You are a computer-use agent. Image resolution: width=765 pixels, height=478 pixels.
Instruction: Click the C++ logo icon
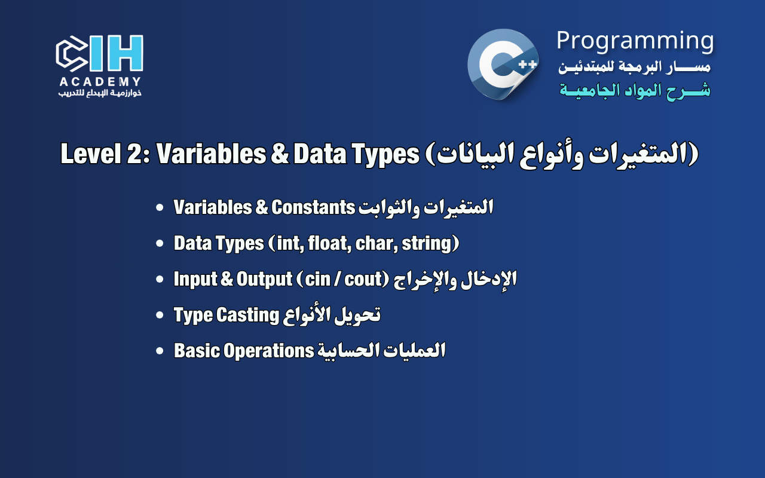(x=503, y=65)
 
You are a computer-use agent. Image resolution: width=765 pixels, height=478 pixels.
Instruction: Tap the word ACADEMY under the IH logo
(x=100, y=82)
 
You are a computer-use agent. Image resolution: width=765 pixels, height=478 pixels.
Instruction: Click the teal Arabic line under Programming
(x=635, y=90)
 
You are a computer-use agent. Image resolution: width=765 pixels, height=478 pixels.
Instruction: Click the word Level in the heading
(x=91, y=154)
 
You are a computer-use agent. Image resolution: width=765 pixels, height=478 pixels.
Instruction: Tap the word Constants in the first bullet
(x=313, y=207)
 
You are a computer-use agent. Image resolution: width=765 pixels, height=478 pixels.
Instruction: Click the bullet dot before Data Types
(x=160, y=243)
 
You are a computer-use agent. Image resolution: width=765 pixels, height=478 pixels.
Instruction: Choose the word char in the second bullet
(x=376, y=244)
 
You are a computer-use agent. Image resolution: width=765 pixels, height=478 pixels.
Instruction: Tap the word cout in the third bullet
(x=363, y=279)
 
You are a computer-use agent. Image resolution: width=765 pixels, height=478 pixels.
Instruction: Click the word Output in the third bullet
(x=264, y=280)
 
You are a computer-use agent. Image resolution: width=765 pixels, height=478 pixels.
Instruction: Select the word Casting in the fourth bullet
(x=248, y=315)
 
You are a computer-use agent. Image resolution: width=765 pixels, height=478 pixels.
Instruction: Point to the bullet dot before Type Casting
(x=160, y=315)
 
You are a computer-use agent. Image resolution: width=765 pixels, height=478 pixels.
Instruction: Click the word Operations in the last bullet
(x=268, y=351)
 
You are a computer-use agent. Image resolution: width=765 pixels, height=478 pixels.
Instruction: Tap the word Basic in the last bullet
(x=197, y=351)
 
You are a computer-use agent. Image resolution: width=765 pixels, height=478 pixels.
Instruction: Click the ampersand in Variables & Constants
(x=262, y=207)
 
